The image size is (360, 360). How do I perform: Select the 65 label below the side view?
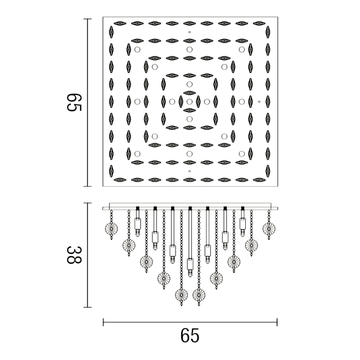(190, 335)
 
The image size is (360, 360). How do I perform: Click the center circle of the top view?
(190, 102)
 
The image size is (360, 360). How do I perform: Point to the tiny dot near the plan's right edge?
(259, 102)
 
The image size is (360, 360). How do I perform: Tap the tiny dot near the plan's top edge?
(190, 33)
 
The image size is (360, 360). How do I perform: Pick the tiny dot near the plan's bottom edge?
(190, 170)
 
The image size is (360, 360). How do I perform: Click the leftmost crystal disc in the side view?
(111, 228)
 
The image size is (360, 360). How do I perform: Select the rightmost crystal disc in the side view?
(269, 228)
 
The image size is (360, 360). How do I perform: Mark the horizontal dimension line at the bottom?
(190, 322)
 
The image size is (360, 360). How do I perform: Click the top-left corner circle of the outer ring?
(137, 50)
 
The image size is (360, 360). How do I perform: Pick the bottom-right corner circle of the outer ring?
(242, 154)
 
